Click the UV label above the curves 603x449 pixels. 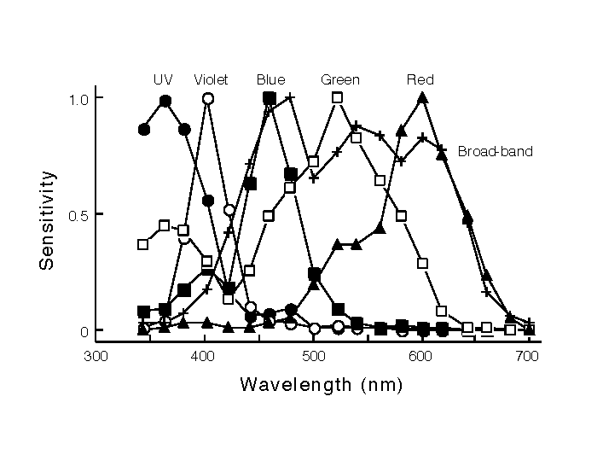(163, 80)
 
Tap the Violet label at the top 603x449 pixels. (211, 80)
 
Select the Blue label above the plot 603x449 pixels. (270, 80)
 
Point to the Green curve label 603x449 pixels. (339, 80)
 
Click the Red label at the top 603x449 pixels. (420, 80)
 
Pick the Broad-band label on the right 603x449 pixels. (495, 152)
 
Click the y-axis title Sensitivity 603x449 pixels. (49, 220)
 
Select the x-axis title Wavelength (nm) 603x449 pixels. (320, 384)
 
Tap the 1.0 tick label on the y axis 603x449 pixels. (79, 99)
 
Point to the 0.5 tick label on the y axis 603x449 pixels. (79, 214)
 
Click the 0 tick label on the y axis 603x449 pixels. (84, 330)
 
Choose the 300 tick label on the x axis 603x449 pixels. (95, 357)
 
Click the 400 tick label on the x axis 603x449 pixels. (203, 357)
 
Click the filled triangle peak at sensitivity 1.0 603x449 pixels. (422, 98)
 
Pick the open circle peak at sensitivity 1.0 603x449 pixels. (207, 99)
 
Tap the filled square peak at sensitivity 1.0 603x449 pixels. (270, 98)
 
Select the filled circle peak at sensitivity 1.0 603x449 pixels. (165, 101)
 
